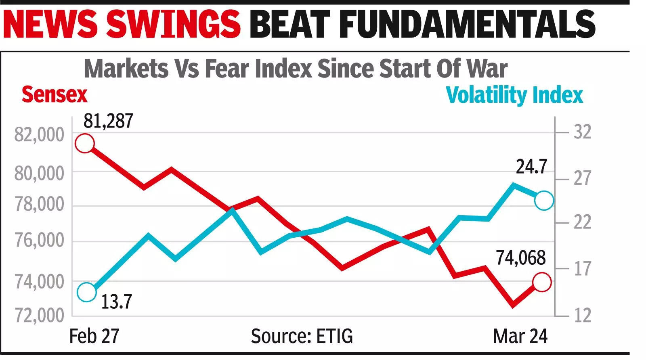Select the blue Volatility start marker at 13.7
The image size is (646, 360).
(86, 292)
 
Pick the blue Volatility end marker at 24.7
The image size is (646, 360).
(544, 201)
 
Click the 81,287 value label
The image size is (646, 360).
(108, 121)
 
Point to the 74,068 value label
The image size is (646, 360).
(521, 258)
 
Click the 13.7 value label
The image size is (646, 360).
(116, 302)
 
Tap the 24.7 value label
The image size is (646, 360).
(531, 167)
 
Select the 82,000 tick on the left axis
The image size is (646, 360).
(39, 134)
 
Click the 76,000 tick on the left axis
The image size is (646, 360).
(39, 240)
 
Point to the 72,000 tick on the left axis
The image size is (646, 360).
(39, 315)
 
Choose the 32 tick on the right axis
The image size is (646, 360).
(582, 132)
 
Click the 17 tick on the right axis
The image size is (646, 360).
(582, 269)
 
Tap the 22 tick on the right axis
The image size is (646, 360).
(582, 222)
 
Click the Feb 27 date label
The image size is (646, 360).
(94, 336)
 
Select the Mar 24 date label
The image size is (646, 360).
(520, 336)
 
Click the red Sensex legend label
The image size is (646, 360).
(54, 95)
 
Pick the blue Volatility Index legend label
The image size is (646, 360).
(514, 96)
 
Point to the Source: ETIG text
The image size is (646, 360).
(302, 336)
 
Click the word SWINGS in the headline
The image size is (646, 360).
(174, 24)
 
